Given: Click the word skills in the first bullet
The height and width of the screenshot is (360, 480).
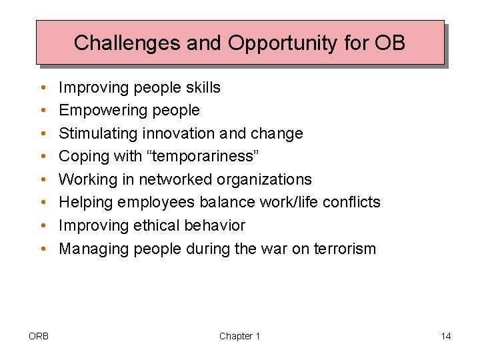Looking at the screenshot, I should pyautogui.click(x=199, y=87).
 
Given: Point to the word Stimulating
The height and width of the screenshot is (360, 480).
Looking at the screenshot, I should pyautogui.click(x=99, y=133).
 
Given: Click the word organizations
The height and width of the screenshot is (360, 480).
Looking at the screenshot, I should pyautogui.click(x=269, y=179).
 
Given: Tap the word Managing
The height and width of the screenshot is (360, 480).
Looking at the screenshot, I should pyautogui.click(x=94, y=249).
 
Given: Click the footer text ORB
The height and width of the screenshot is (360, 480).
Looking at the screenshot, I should pyautogui.click(x=39, y=336).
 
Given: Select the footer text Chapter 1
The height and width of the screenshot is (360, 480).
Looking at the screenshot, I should pyautogui.click(x=239, y=336).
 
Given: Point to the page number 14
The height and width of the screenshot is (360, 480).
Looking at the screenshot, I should pyautogui.click(x=445, y=336).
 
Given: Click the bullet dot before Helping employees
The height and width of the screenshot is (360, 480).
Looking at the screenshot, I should pyautogui.click(x=42, y=203).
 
